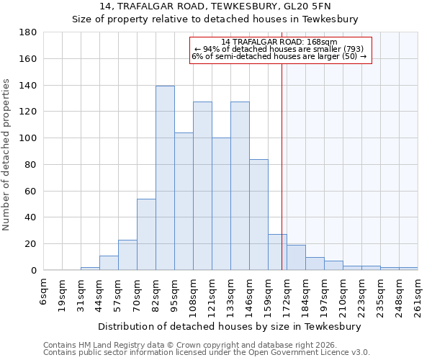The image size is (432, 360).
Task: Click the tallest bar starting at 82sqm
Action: tap(165, 178)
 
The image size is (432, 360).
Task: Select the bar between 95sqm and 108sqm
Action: tap(184, 202)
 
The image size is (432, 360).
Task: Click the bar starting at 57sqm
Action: tap(127, 255)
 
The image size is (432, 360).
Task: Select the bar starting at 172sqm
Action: tap(296, 258)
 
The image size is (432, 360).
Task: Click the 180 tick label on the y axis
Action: tap(28, 32)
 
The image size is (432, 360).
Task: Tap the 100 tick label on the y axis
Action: tap(28, 138)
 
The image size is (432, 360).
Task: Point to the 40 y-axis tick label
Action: tap(31, 217)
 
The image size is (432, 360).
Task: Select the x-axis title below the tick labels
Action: tap(230, 326)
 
